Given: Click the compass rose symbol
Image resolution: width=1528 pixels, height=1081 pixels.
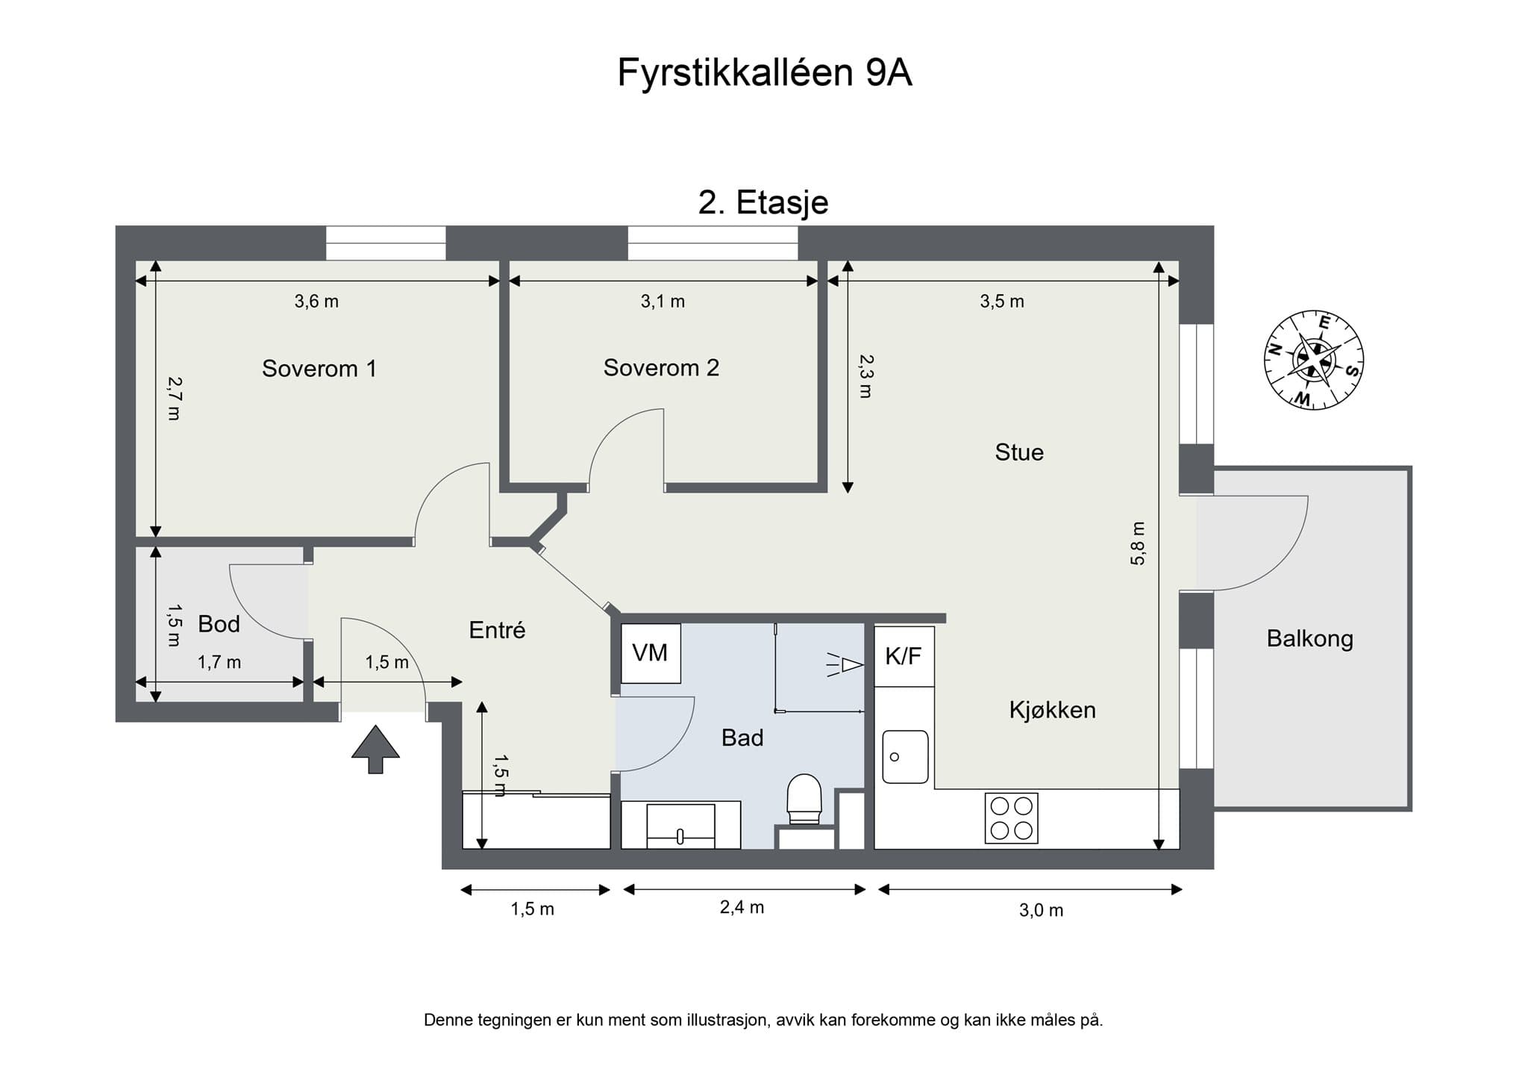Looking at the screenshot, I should click(x=1314, y=360).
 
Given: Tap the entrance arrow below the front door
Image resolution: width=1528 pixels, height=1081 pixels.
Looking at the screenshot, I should click(x=375, y=749).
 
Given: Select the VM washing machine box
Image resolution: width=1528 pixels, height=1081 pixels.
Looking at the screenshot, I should click(x=651, y=653).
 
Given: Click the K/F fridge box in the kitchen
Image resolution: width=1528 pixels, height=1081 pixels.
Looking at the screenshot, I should click(x=904, y=656).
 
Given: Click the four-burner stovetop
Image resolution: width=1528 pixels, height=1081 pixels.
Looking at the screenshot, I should click(x=1011, y=817).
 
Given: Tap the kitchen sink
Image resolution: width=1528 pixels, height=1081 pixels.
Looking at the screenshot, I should click(x=905, y=756).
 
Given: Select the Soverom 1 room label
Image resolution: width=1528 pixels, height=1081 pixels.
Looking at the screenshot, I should click(x=319, y=368).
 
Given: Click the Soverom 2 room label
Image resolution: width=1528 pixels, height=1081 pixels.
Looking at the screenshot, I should click(x=661, y=367).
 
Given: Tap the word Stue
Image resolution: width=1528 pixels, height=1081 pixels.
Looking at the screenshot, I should click(x=1018, y=452).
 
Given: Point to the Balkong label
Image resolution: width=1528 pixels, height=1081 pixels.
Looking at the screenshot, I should click(x=1309, y=638).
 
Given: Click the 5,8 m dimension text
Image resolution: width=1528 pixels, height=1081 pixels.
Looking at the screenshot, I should click(x=1137, y=543).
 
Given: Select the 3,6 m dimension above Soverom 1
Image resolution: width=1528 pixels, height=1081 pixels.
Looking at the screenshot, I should click(x=316, y=302).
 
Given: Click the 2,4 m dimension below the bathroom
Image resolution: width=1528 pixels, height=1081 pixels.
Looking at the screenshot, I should click(x=742, y=907).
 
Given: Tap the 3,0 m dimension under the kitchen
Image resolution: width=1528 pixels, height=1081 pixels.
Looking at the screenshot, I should click(x=1041, y=910).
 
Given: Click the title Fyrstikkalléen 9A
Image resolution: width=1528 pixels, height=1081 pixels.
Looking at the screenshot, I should click(x=764, y=73).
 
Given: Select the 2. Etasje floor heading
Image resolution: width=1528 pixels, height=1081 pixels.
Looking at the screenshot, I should click(x=763, y=202).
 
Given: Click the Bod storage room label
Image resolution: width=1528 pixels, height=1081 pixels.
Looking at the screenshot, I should click(x=219, y=624).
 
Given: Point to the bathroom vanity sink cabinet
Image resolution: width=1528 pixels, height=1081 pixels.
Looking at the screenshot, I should click(x=680, y=825).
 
